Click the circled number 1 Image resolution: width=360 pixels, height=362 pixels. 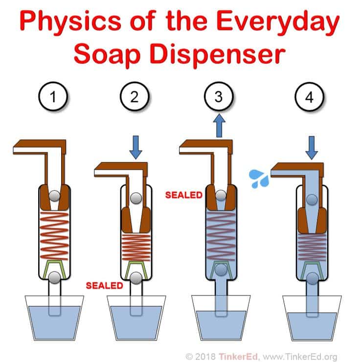click(x=53, y=96)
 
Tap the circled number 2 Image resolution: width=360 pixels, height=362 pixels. click(x=135, y=96)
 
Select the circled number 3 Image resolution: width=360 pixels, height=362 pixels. click(x=219, y=96)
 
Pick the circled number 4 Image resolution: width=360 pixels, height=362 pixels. click(x=309, y=97)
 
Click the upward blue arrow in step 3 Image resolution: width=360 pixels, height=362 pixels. click(x=219, y=125)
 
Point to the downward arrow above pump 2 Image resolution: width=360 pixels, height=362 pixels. click(x=135, y=147)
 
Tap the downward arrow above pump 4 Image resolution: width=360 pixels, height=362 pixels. click(x=312, y=148)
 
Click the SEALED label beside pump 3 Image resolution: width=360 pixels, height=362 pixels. click(x=184, y=195)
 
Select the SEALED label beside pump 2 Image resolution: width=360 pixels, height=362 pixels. click(x=104, y=286)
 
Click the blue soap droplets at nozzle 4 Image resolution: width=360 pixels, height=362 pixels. click(x=259, y=179)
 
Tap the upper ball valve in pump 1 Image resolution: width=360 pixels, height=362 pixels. click(x=55, y=196)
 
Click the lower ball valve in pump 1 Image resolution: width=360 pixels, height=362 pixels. click(x=54, y=277)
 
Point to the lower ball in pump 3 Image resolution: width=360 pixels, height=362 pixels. click(x=221, y=270)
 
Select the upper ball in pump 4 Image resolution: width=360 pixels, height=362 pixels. click(x=312, y=200)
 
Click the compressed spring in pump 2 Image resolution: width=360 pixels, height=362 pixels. click(x=136, y=248)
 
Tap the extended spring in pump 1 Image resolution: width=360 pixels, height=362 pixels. click(x=54, y=236)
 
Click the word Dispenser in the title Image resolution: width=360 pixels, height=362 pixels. click(x=218, y=54)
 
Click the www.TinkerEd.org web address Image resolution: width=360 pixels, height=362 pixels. click(x=300, y=357)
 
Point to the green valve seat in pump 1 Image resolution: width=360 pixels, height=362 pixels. click(x=54, y=269)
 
